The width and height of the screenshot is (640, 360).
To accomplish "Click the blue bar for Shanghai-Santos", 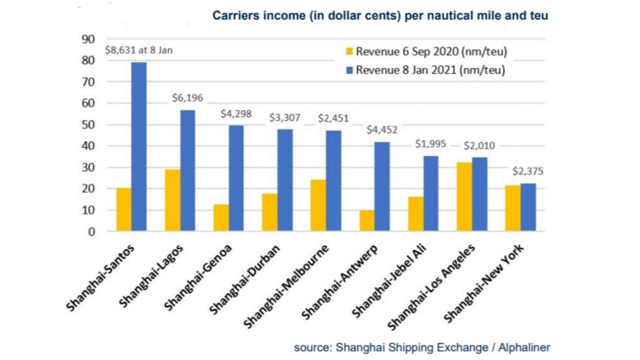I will click(138, 147).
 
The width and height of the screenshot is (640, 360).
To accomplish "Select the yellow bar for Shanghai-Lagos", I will click(172, 201).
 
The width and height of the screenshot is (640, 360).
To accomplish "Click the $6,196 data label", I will click(187, 99).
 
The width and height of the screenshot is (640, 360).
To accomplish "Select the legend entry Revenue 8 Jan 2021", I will click(424, 69).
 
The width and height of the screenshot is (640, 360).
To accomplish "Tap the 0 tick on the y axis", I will click(91, 231).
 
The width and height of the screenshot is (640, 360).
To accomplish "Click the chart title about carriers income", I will click(379, 16).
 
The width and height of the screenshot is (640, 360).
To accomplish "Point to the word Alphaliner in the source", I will click(522, 346).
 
